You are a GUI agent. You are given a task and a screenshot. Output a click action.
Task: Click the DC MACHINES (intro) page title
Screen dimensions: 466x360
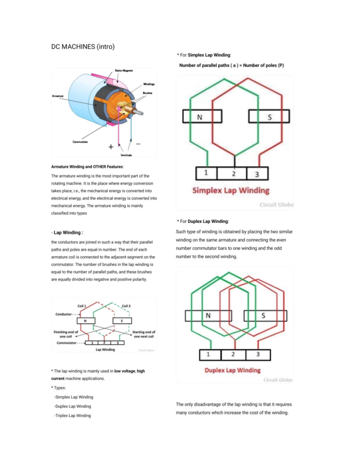tap(83, 47)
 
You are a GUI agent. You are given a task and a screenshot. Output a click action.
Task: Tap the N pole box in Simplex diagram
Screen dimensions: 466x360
tap(202, 116)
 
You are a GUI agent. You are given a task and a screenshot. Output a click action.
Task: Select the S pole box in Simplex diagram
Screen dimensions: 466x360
tap(269, 116)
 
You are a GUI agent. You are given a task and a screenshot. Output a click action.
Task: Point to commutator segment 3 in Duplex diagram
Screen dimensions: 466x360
tap(258, 355)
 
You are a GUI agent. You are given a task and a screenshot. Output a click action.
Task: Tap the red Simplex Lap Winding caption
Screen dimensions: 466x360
tap(231, 191)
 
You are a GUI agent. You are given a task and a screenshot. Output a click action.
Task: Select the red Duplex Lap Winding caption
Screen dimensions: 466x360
tap(232, 370)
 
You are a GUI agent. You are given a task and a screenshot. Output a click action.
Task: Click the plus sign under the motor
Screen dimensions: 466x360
tap(111, 147)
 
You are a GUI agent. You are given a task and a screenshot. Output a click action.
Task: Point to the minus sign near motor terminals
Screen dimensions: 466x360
tap(138, 144)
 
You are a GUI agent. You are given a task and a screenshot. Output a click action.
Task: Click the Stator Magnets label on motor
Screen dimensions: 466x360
tap(124, 71)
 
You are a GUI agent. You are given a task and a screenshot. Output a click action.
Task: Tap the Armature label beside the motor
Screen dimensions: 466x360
tap(58, 96)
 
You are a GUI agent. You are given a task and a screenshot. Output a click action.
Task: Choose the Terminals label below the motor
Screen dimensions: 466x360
tap(126, 155)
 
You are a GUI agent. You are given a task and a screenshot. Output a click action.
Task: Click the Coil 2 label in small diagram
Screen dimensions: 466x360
tap(126, 306)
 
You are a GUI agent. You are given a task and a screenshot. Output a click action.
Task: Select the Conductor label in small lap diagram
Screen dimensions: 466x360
tap(63, 314)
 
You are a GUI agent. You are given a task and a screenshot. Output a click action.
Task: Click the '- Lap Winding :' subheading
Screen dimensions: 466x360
tap(67, 233)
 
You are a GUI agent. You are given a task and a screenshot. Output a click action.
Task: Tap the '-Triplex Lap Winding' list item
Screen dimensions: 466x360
tap(73, 416)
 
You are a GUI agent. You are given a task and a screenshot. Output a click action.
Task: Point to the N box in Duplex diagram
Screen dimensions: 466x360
tap(208, 316)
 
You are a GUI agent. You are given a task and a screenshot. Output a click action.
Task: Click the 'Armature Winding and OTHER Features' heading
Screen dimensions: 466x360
tap(87, 167)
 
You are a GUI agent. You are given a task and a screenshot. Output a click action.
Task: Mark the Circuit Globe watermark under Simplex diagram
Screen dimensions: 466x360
tap(276, 205)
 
